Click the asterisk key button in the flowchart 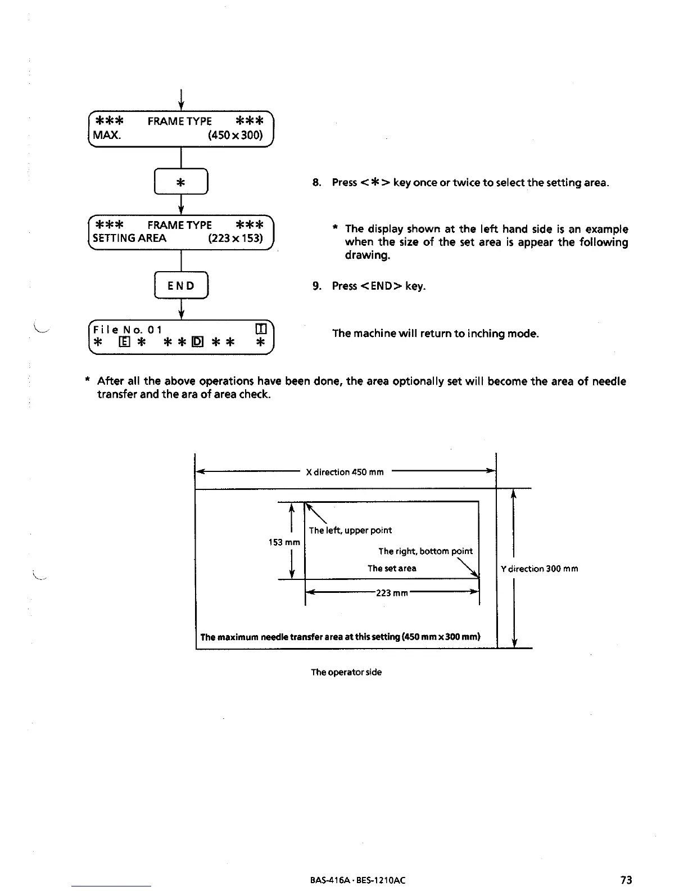point(180,182)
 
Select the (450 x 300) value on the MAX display point(235,136)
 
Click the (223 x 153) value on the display point(235,238)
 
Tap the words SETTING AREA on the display point(129,238)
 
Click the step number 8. point(317,183)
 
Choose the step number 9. point(317,286)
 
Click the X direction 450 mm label point(345,472)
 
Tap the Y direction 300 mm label point(539,569)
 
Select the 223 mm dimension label point(391,593)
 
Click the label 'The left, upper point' point(350,530)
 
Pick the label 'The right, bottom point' point(425,551)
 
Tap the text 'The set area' point(392,569)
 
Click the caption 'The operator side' point(346,672)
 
